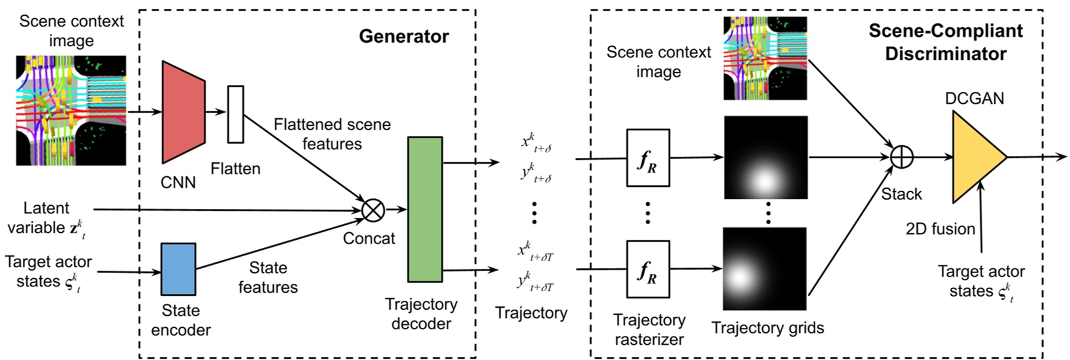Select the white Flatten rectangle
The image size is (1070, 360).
(235, 114)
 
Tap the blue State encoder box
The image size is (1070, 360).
(178, 269)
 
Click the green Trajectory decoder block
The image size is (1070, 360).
(425, 209)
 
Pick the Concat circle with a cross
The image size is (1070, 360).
(373, 210)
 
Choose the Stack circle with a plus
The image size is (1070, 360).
(902, 157)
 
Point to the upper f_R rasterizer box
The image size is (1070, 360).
(648, 158)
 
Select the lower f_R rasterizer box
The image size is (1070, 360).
(648, 269)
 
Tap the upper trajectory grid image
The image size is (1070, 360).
(765, 157)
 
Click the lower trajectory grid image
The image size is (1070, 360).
(765, 269)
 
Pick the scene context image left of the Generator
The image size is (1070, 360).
(71, 111)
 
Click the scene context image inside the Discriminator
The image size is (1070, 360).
(765, 59)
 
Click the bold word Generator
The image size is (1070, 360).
(403, 37)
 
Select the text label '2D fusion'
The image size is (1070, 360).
(940, 229)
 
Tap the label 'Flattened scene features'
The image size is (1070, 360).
(332, 134)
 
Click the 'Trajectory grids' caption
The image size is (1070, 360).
(767, 327)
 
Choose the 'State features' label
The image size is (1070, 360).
(267, 278)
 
